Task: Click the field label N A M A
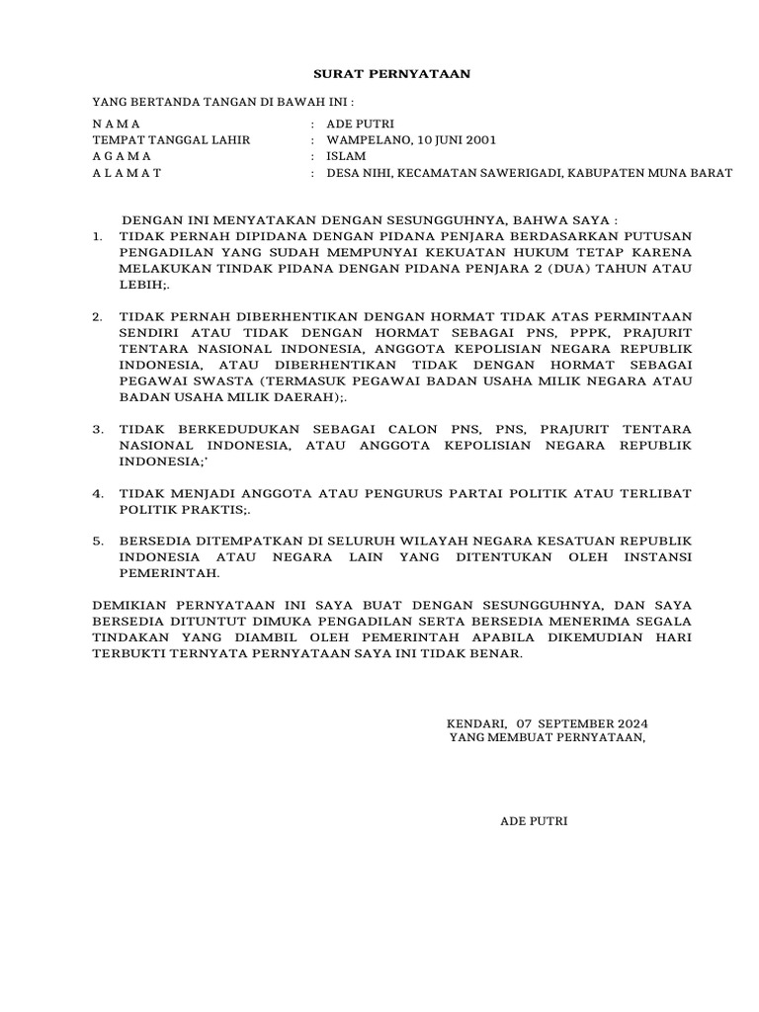click(x=117, y=124)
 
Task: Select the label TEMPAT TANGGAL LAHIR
click(x=171, y=140)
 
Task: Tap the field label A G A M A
click(x=122, y=156)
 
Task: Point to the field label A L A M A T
click(x=126, y=173)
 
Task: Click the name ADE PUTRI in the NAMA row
click(x=361, y=124)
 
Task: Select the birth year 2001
click(x=478, y=140)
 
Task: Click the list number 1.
click(x=97, y=236)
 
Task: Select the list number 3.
click(x=97, y=430)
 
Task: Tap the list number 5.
click(x=97, y=542)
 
